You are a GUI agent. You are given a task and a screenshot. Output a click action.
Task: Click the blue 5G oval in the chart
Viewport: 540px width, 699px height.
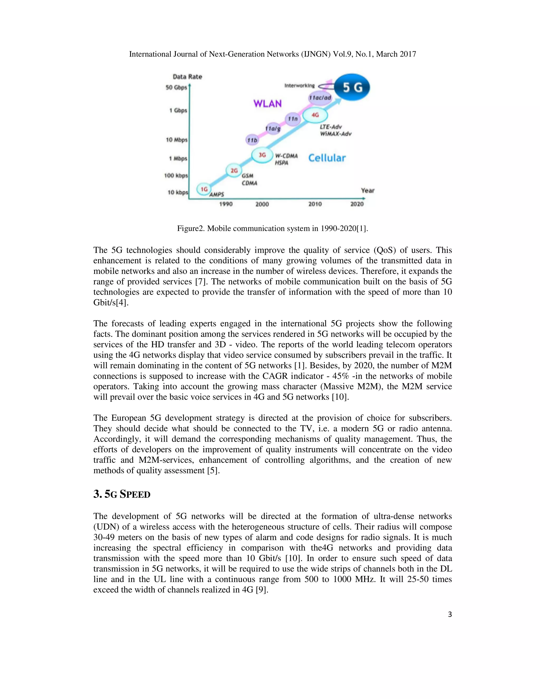pyautogui.click(x=352, y=87)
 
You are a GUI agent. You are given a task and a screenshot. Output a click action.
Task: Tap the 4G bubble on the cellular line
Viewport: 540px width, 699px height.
pyautogui.click(x=315, y=115)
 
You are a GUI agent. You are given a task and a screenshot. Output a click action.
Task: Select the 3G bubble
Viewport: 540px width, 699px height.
pyautogui.click(x=262, y=155)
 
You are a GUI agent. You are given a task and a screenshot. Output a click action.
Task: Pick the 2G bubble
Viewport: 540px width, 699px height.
pyautogui.click(x=234, y=171)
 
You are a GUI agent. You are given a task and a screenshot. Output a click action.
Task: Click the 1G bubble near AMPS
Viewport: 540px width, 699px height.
pyautogui.click(x=204, y=189)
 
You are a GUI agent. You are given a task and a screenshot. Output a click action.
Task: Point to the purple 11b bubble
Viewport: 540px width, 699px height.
pyautogui.click(x=252, y=140)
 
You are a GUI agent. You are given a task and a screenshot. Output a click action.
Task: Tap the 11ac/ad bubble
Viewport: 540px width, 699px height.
pyautogui.click(x=320, y=98)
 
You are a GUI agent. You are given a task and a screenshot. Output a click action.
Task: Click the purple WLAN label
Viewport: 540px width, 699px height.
pyautogui.click(x=267, y=103)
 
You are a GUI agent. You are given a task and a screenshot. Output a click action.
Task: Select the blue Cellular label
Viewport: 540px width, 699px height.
pyautogui.click(x=327, y=158)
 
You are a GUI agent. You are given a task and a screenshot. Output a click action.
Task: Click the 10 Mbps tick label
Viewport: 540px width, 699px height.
pyautogui.click(x=177, y=140)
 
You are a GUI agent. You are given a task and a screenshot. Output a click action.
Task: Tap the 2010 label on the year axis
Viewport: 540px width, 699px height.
pyautogui.click(x=315, y=204)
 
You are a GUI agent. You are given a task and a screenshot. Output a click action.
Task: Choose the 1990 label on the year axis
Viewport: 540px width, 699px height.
pyautogui.click(x=226, y=204)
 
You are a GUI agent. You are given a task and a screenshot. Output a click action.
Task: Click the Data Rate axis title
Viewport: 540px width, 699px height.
pyautogui.click(x=187, y=77)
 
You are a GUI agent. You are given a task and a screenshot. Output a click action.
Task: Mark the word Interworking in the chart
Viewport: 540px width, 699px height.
pyautogui.click(x=300, y=86)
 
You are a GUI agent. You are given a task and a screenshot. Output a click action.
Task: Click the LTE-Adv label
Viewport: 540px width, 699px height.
pyautogui.click(x=331, y=127)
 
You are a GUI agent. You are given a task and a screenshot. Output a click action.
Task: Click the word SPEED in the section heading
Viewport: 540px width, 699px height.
pyautogui.click(x=135, y=495)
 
